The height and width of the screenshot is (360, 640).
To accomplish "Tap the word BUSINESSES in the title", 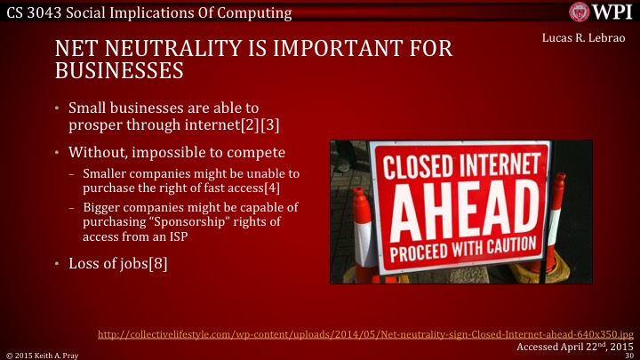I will click(112, 69).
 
